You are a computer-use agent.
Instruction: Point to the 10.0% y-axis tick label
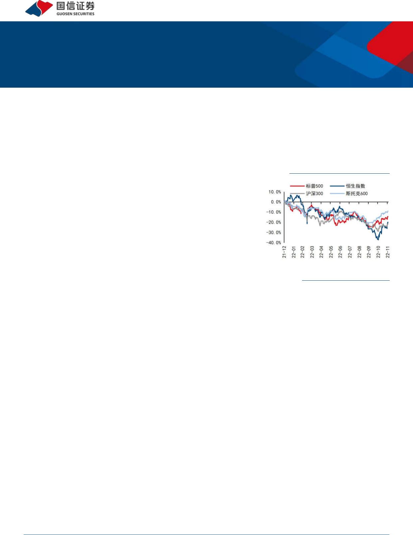[275, 192]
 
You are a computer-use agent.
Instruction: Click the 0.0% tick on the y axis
[276, 202]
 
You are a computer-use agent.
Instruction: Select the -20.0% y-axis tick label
[273, 222]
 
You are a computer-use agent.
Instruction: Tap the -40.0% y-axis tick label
[273, 243]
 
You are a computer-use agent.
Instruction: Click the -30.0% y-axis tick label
[273, 232]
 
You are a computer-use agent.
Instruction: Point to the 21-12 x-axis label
[284, 252]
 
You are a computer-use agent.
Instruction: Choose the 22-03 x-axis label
[312, 252]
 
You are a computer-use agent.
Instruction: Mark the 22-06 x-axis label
[340, 252]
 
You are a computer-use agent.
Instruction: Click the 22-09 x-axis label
[369, 252]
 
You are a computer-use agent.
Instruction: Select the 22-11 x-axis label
[388, 252]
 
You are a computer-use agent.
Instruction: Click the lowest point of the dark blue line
[378, 240]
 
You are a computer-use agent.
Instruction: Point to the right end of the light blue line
[388, 211]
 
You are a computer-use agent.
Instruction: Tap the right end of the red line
[388, 217]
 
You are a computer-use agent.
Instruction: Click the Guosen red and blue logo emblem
[39, 8]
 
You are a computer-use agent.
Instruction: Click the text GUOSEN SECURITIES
[76, 14]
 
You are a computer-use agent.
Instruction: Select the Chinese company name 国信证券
[76, 6]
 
